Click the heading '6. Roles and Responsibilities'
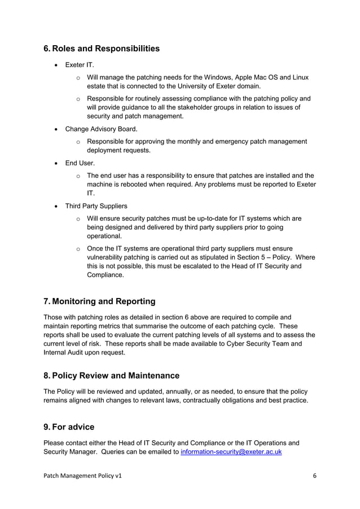pyautogui.click(x=102, y=49)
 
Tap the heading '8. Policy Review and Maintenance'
pyautogui.click(x=111, y=375)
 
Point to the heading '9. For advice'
pyautogui.click(x=69, y=427)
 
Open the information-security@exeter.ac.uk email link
pyautogui.click(x=231, y=452)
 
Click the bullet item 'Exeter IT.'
pyautogui.click(x=80, y=65)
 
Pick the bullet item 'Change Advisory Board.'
pyautogui.click(x=101, y=129)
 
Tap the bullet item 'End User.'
pyautogui.click(x=80, y=163)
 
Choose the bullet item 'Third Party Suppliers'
pyautogui.click(x=96, y=206)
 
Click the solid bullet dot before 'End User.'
pyautogui.click(x=56, y=164)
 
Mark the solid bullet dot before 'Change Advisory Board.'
pyautogui.click(x=56, y=129)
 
